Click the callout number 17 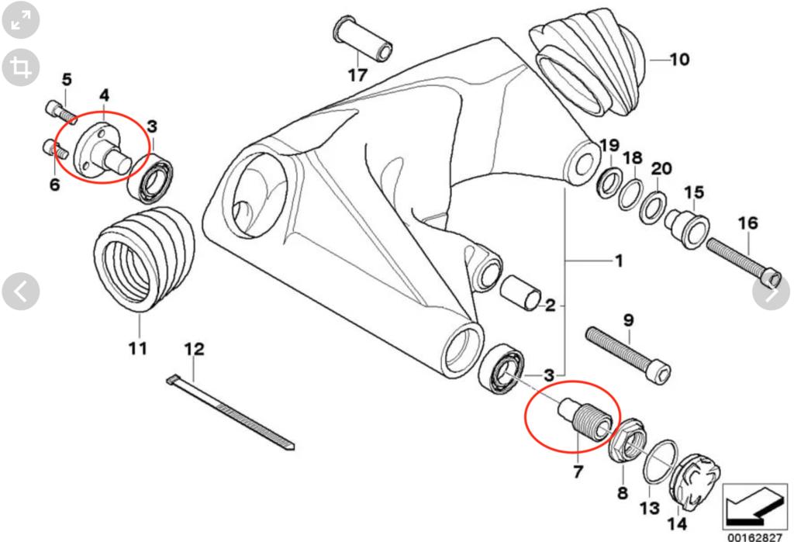pos(357,75)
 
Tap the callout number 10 pos(678,59)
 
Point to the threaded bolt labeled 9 pos(627,355)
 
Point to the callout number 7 pos(577,471)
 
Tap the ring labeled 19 pos(608,183)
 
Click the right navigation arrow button pos(772,292)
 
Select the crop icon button pos(21,68)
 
